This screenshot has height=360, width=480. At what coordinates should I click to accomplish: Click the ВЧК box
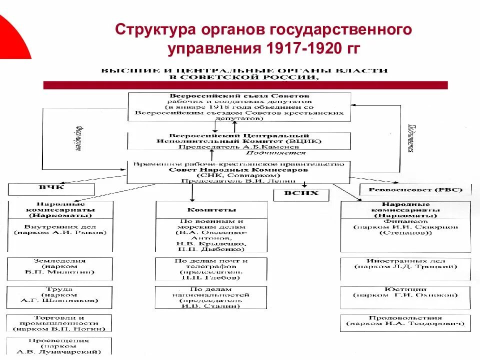(51, 189)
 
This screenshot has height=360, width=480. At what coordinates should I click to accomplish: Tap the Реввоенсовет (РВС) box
(415, 189)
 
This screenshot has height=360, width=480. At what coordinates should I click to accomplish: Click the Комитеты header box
(211, 209)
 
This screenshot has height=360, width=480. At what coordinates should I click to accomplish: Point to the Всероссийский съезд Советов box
(239, 106)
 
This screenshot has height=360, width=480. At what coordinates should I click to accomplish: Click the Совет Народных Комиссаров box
(239, 172)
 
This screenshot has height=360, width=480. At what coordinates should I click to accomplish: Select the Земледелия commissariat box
(59, 268)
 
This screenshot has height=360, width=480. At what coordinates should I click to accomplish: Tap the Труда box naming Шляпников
(59, 296)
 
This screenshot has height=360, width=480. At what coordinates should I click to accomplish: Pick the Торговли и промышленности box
(59, 323)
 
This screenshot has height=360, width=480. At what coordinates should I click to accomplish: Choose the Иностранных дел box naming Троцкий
(405, 268)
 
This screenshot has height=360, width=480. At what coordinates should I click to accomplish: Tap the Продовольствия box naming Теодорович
(405, 322)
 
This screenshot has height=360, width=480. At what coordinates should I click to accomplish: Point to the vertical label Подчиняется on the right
(409, 138)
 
